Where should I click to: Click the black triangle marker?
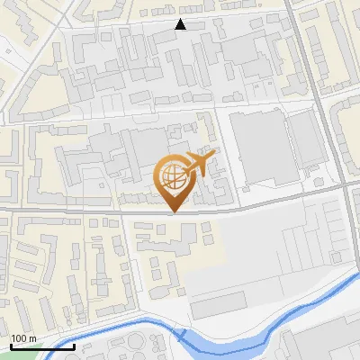pos(181,24)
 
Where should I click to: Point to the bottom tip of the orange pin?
pos(171,212)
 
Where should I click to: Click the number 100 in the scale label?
pos(18,338)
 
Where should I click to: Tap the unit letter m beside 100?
pos(32,338)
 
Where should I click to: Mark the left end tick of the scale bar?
pos(11,346)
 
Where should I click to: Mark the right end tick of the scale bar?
pos(74,346)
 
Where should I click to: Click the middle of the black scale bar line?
pos(42,346)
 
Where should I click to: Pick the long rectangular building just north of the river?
pos(219,305)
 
